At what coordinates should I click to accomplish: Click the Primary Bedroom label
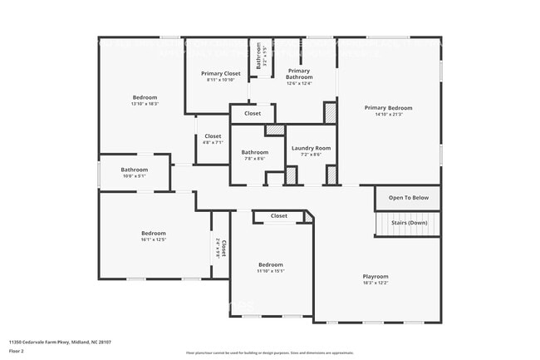tap(388, 108)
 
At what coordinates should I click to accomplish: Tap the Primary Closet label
tap(221, 73)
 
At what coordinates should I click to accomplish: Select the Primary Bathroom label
tap(299, 74)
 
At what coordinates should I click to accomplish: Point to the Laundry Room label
tap(311, 148)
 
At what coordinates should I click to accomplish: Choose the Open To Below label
tap(408, 198)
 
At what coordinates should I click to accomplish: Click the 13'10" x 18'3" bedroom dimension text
tap(144, 104)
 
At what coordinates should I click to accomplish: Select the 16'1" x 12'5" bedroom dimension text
tap(153, 239)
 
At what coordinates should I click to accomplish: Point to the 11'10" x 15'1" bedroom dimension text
tap(271, 270)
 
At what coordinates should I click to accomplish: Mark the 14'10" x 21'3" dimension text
tap(388, 115)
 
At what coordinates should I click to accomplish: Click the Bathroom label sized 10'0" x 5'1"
tap(134, 169)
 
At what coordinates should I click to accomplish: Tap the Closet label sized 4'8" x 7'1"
tap(213, 136)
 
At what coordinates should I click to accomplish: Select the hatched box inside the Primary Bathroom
tap(330, 112)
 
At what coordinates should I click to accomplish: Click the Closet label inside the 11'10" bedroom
tap(278, 215)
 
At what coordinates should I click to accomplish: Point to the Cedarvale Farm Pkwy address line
tap(60, 342)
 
